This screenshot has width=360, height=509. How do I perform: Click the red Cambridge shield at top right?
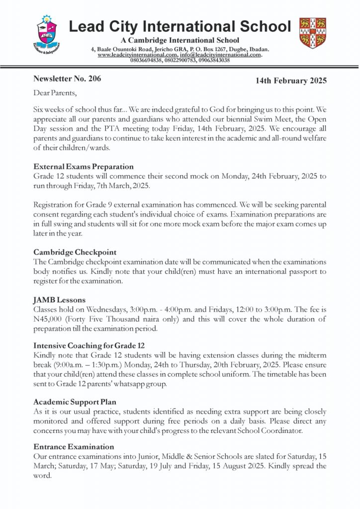pos(312,33)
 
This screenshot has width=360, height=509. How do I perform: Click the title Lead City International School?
pos(180,26)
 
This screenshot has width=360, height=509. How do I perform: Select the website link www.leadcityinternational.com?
pos(136,55)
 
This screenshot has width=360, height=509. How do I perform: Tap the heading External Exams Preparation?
pos(83,167)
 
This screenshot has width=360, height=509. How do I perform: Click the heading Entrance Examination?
pos(74,446)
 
